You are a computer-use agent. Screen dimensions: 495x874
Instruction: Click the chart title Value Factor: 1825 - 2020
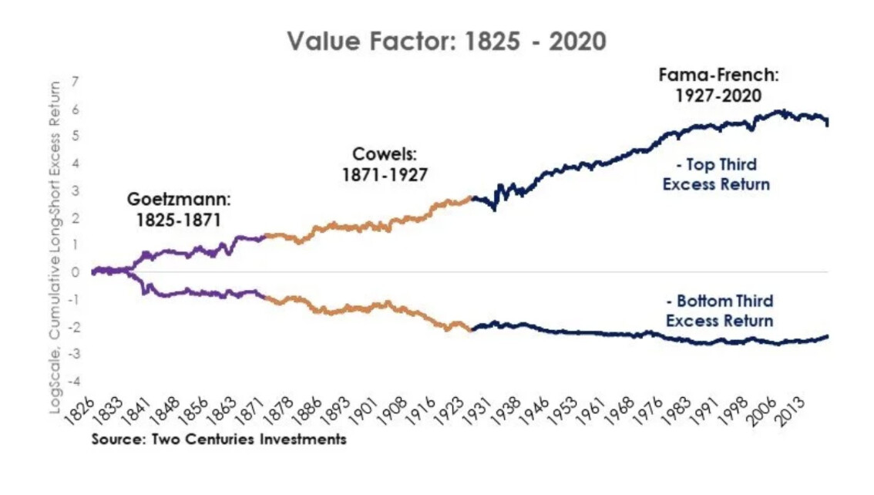(x=447, y=42)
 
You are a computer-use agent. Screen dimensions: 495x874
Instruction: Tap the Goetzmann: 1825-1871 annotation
(x=179, y=210)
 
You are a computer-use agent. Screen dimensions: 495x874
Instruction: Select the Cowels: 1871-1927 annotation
(x=385, y=164)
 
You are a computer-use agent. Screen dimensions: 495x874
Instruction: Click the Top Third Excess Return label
(x=717, y=174)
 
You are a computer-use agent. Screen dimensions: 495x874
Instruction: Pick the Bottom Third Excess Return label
(x=719, y=311)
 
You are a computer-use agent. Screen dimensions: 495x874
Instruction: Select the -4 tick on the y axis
(x=75, y=381)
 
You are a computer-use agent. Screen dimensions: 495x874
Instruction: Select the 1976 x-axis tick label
(x=657, y=410)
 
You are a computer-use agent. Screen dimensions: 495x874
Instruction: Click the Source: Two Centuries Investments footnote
(x=219, y=440)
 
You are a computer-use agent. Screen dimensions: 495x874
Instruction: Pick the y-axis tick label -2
(x=75, y=327)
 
